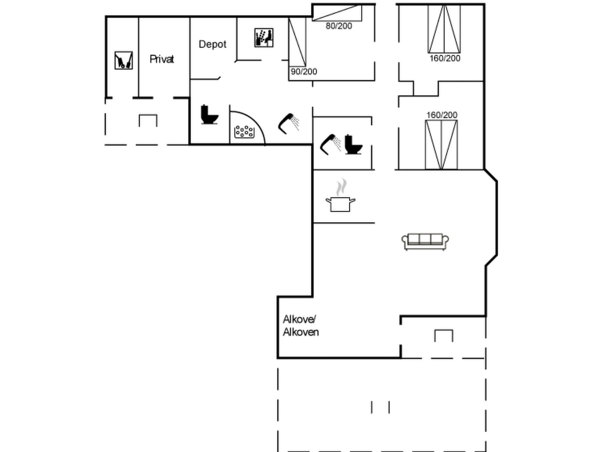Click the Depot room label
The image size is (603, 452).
(212, 44)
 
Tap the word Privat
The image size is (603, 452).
(162, 59)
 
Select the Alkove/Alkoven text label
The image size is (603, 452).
(300, 326)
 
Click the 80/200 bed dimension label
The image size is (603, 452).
(339, 26)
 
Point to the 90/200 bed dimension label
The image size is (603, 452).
(304, 72)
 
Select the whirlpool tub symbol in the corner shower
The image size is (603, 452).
(244, 132)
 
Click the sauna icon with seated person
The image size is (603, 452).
(264, 38)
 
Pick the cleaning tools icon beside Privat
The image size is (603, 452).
(124, 60)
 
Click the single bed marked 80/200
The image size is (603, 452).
(337, 13)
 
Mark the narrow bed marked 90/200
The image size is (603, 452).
(297, 42)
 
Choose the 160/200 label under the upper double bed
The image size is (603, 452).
(445, 58)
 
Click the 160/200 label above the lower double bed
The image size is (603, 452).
(442, 115)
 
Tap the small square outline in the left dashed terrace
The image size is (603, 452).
(148, 121)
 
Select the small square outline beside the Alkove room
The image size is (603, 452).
(444, 336)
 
